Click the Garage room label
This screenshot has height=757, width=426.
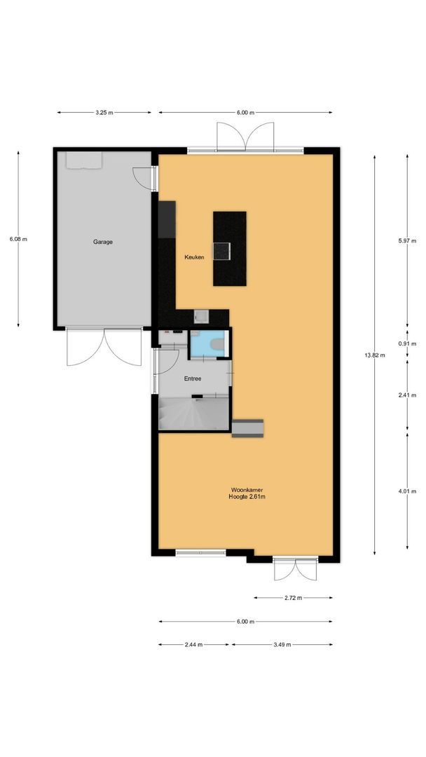click(103, 242)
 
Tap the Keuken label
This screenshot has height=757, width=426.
click(194, 257)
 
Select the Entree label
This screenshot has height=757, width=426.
click(193, 378)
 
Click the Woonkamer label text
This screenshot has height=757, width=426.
click(247, 490)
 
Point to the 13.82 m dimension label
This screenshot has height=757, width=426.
click(376, 355)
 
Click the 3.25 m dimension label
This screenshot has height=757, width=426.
click(104, 112)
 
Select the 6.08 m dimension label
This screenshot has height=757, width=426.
click(18, 239)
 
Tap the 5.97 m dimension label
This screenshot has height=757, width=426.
click(408, 241)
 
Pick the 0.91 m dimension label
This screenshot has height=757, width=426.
click(408, 343)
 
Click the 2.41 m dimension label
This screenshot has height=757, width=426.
click(408, 395)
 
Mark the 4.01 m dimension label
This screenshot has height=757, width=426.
click(408, 491)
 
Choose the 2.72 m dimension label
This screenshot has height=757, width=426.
click(294, 598)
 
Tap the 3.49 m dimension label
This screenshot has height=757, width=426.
click(281, 645)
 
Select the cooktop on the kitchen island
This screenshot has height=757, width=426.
click(224, 250)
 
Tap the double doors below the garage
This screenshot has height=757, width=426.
click(104, 347)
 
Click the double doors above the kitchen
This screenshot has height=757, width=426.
click(245, 136)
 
